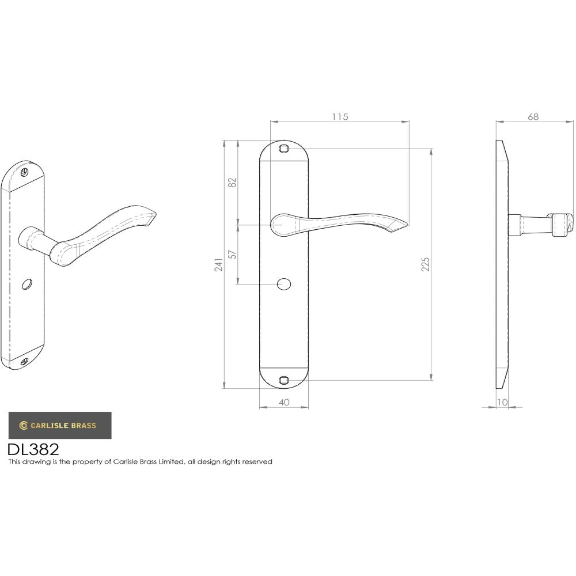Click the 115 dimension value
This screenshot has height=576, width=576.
[340, 117]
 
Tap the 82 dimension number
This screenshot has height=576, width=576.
[232, 183]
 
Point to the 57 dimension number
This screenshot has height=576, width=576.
[232, 254]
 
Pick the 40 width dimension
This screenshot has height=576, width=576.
[283, 403]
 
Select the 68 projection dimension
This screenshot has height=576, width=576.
[533, 117]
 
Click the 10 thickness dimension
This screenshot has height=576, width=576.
[502, 403]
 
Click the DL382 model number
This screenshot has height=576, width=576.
[33, 449]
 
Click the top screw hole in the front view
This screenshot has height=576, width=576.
[283, 149]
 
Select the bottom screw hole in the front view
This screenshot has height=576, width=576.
[283, 380]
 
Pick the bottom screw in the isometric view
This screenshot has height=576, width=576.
[24, 362]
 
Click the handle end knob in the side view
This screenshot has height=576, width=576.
[562, 225]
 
